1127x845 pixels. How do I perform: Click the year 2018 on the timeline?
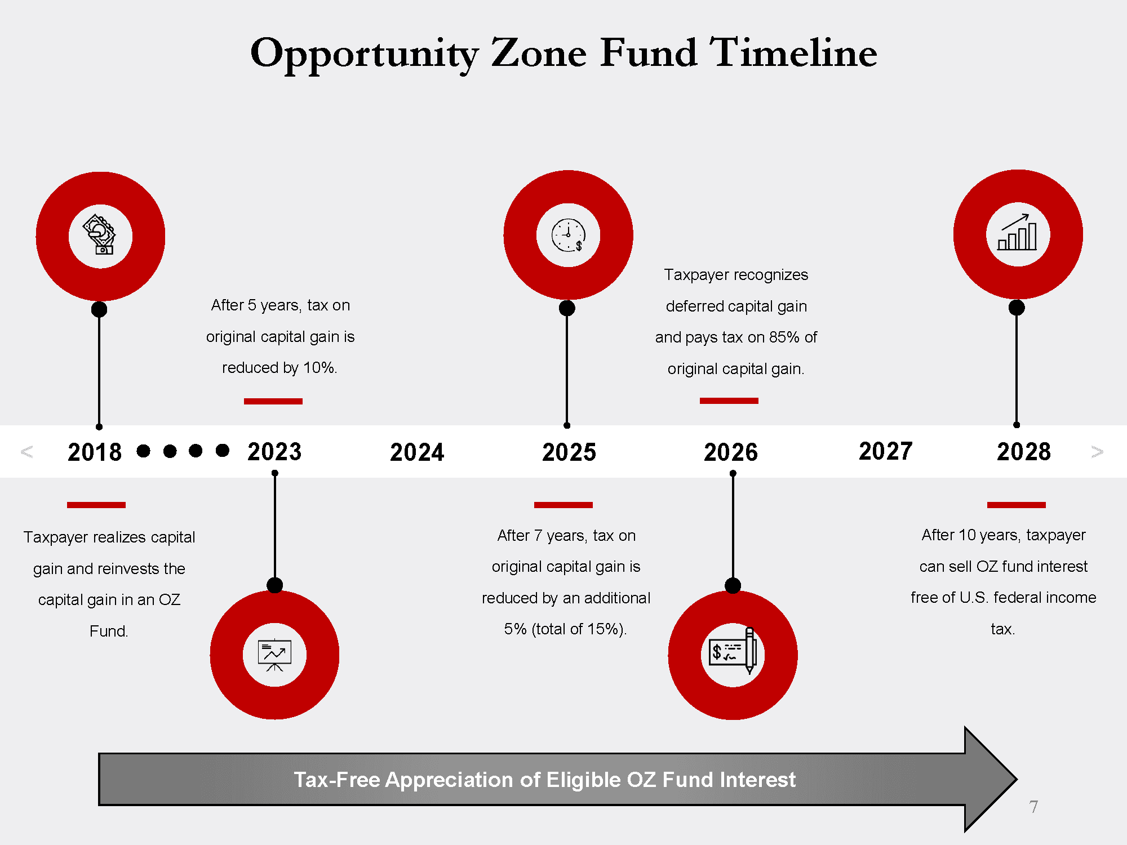[x=95, y=452]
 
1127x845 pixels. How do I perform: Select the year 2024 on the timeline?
[x=417, y=452]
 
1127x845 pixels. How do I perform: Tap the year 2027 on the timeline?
[x=885, y=451]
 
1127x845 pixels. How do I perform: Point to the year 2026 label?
[x=731, y=452]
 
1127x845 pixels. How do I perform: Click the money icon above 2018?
[x=100, y=235]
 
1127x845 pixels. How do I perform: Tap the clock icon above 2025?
[x=568, y=235]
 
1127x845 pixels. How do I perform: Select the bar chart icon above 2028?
[x=1018, y=233]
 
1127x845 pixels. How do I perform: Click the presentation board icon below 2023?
[x=274, y=655]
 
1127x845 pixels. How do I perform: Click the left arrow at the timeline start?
[x=26, y=452]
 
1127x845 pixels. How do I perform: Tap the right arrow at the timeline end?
[x=1097, y=452]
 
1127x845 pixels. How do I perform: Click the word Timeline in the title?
[x=793, y=53]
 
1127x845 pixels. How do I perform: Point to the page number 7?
[x=1033, y=807]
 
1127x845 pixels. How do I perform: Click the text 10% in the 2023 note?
[x=319, y=368]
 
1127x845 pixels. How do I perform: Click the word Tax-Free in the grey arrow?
[x=336, y=780]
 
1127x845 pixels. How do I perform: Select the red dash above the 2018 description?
[x=96, y=505]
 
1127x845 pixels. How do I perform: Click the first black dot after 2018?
[x=144, y=451]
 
